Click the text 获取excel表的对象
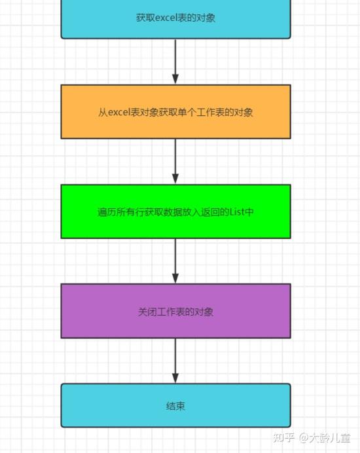click(175, 18)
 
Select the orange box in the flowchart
click(175, 112)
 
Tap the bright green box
click(175, 211)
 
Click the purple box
click(175, 311)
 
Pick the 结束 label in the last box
click(175, 407)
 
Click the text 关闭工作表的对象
click(175, 312)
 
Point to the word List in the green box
click(237, 211)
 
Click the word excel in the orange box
click(119, 112)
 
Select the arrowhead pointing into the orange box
click(175, 79)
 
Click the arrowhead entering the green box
click(175, 179)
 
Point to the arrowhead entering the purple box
click(175, 278)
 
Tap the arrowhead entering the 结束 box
click(175, 378)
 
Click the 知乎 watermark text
click(283, 438)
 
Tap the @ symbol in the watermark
click(303, 438)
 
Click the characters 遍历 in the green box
click(107, 211)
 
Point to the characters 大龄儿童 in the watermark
click(330, 438)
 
